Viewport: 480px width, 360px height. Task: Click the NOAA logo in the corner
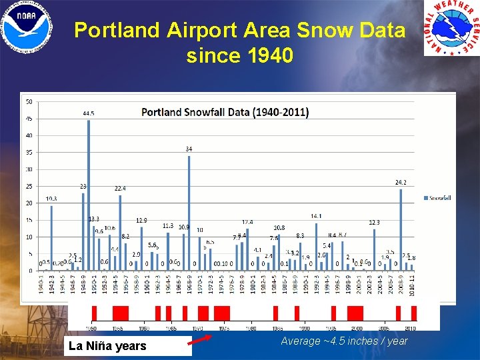[27, 27]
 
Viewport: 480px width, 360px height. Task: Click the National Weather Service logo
[451, 28]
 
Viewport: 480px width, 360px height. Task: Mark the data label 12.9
[141, 221]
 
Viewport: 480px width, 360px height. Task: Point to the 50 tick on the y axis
[29, 102]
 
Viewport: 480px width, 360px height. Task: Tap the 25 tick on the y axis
[29, 187]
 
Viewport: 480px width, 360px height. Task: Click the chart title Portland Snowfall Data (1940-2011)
[225, 112]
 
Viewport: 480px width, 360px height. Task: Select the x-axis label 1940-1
[41, 285]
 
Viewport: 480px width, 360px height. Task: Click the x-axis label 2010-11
[412, 285]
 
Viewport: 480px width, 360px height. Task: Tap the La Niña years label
[107, 345]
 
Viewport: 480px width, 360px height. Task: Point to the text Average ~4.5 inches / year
[344, 341]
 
